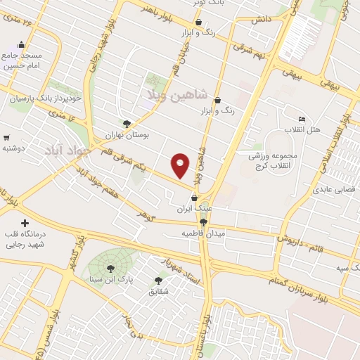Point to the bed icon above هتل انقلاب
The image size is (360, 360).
tap(302, 119)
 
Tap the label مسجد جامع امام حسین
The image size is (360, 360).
tap(22, 61)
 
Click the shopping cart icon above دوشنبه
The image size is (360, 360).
tap(6, 138)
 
